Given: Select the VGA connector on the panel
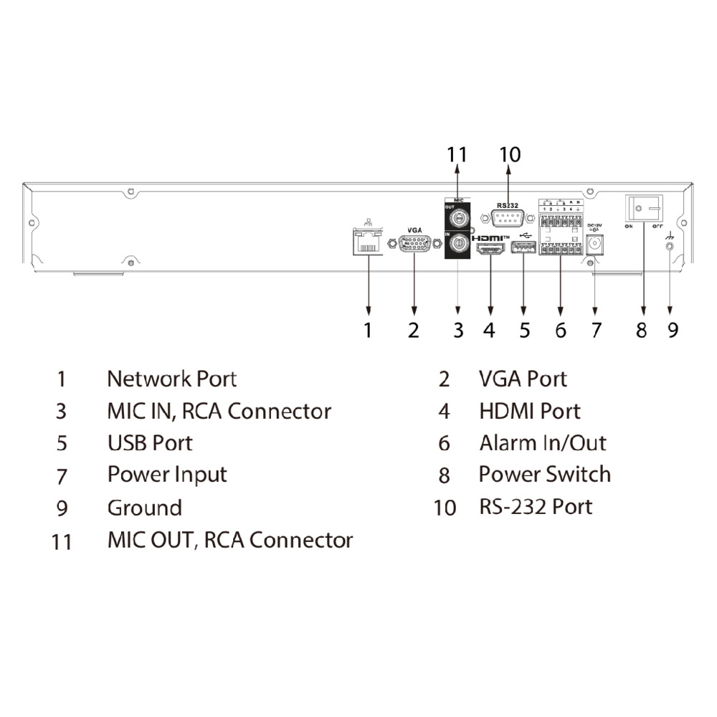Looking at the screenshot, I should (414, 244).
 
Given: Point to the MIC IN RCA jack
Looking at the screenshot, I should (457, 245).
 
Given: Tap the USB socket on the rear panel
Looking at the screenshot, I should (523, 249).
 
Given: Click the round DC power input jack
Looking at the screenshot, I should (594, 245).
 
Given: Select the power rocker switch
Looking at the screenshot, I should (644, 208).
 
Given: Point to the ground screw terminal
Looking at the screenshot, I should (670, 246).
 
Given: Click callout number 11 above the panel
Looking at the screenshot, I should (457, 154).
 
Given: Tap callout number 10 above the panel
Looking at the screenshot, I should (509, 154).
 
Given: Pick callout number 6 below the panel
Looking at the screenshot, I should (561, 330).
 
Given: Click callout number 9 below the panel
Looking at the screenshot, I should (671, 330).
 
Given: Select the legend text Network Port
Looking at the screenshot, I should (171, 379).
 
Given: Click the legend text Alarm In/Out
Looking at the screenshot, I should (543, 443).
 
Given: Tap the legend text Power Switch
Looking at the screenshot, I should (544, 475).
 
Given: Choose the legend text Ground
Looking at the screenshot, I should (144, 508).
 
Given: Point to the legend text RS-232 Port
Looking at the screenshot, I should (536, 507).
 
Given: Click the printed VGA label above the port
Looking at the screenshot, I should (414, 229).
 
